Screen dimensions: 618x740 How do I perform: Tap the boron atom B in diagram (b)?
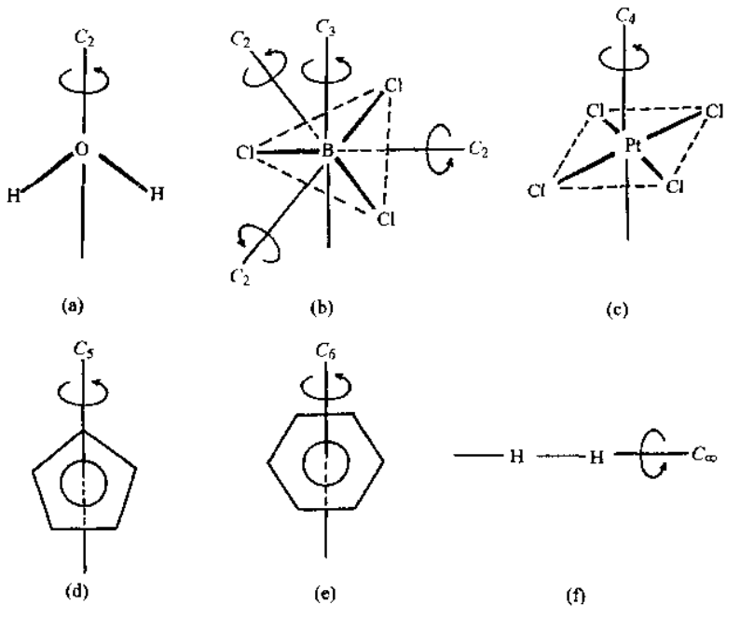pos(327,151)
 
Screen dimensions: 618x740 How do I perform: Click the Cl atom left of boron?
pos(245,152)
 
